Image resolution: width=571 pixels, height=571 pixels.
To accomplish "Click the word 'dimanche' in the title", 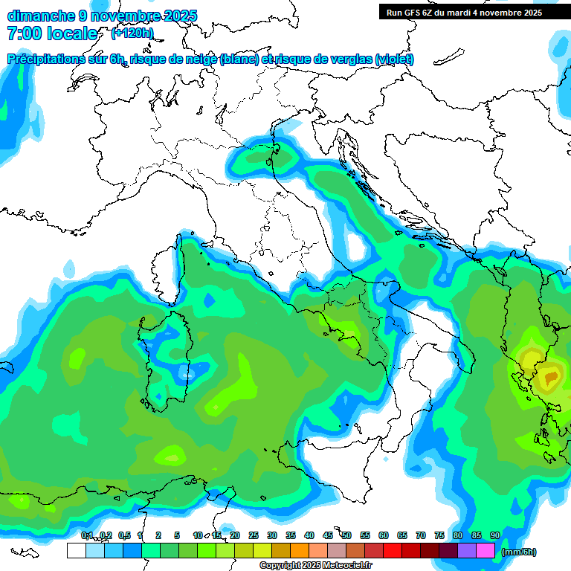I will [40, 16].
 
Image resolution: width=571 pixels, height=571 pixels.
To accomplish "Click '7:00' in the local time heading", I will [23, 33].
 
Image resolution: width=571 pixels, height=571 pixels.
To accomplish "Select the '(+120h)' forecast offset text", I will [132, 33].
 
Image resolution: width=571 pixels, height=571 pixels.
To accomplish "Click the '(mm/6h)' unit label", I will [519, 552].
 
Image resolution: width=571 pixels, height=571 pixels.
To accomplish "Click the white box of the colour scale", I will [76, 551].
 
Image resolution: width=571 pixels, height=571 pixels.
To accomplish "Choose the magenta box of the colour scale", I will [485, 551].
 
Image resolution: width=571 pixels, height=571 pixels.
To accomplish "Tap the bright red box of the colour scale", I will [393, 551].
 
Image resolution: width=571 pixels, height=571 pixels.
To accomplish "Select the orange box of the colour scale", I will [300, 551].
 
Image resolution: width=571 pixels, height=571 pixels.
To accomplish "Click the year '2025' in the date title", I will [180, 16].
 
